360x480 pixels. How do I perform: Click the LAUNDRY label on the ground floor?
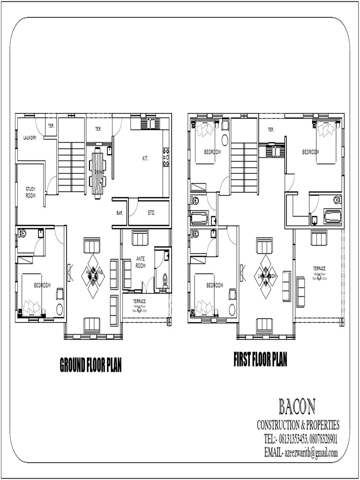click(x=30, y=138)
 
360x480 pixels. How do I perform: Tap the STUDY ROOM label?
click(x=30, y=192)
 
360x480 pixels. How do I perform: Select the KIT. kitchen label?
click(x=145, y=159)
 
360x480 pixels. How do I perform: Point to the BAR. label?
click(x=120, y=213)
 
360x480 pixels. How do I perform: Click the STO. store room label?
click(x=151, y=213)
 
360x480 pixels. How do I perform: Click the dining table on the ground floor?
click(x=97, y=172)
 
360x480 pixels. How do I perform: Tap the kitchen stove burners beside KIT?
click(x=165, y=157)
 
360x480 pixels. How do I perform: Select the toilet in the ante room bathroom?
click(x=165, y=280)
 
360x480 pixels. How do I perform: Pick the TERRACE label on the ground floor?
click(x=139, y=301)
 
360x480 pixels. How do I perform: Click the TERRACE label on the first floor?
click(x=319, y=269)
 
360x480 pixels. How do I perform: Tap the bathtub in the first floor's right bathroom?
click(x=332, y=217)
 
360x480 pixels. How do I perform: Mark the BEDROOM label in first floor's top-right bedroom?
click(x=310, y=152)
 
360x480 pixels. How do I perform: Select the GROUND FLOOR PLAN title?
click(x=90, y=365)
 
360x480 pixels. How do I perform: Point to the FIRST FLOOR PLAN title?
click(x=260, y=360)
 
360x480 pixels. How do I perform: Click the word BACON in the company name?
click(x=297, y=406)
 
